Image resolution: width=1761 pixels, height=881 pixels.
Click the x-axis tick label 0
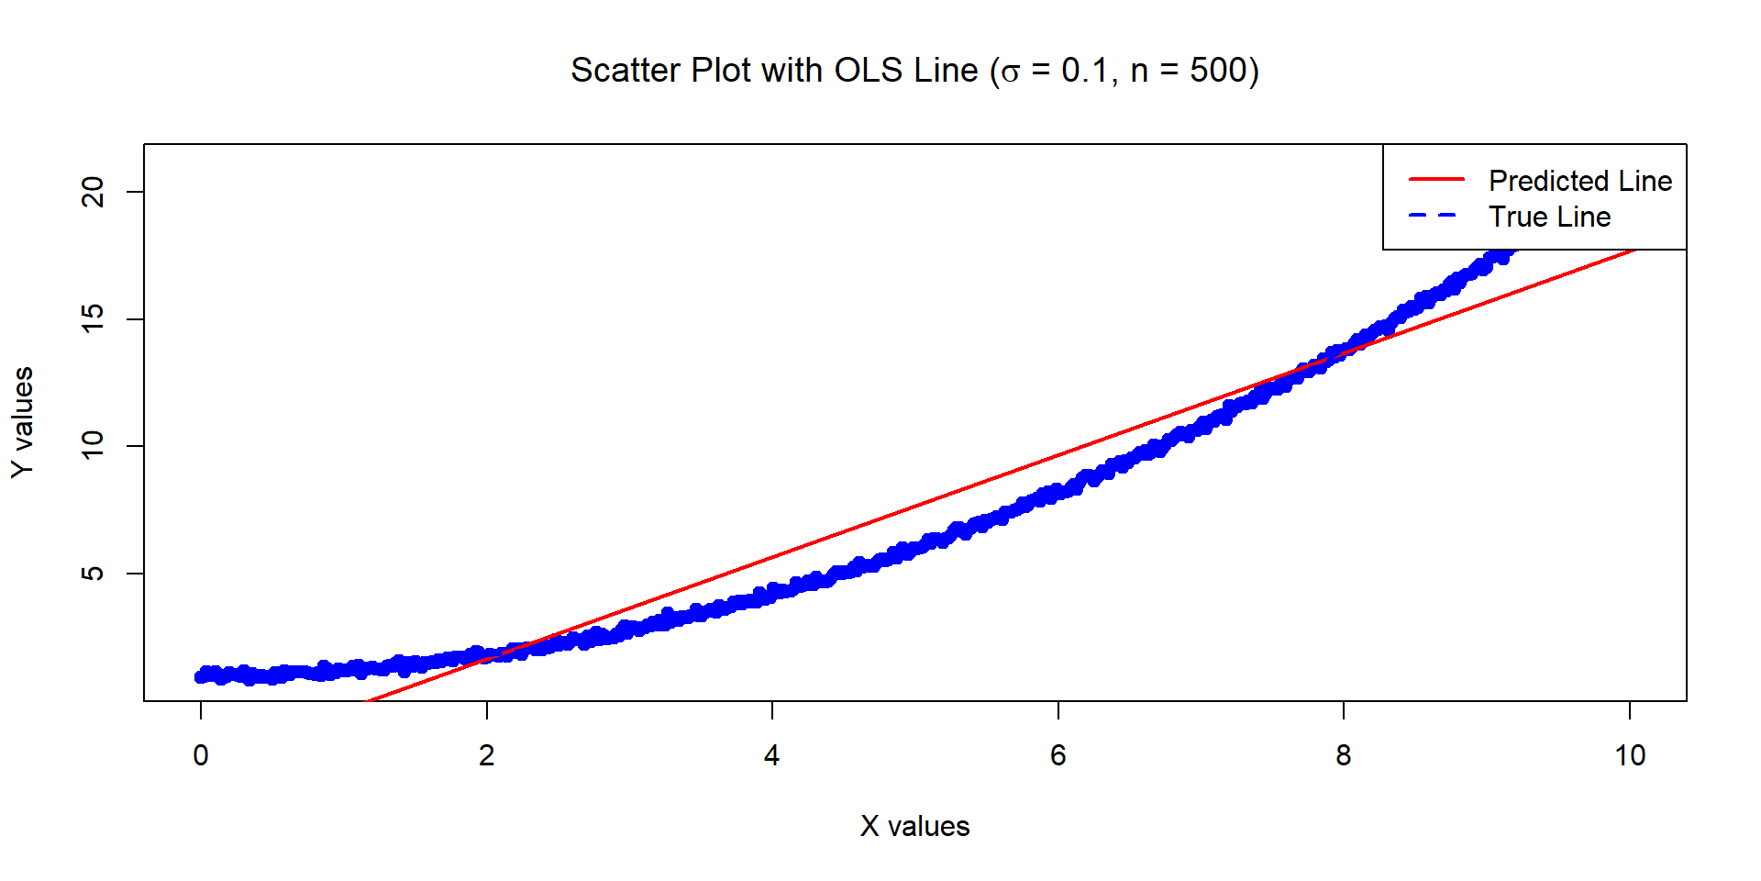coord(201,755)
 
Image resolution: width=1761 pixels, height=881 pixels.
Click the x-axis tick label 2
coord(486,755)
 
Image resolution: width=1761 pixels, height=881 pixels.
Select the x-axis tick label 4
coord(772,755)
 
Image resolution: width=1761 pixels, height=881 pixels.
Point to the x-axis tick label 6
coord(1058,755)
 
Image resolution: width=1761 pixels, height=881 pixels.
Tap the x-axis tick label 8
coord(1344,755)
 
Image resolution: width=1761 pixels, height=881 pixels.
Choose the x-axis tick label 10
coord(1630,755)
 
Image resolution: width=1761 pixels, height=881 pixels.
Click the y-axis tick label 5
coord(93,574)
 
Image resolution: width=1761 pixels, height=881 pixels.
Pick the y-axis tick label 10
coord(93,446)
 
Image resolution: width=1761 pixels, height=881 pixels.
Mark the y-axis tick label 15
coord(93,318)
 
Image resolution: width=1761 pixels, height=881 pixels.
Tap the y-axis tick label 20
coord(93,192)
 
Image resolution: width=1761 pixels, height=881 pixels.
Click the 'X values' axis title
coord(914,826)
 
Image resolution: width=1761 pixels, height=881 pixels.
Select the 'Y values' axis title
coord(23,422)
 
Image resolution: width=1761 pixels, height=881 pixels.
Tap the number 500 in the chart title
coord(1218,71)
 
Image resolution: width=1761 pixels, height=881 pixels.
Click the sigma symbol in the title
coord(1010,73)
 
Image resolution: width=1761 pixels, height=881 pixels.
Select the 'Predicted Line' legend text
coord(1579,181)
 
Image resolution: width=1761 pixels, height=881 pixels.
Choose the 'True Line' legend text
coord(1549,217)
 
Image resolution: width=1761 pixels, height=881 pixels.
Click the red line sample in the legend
coord(1436,180)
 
